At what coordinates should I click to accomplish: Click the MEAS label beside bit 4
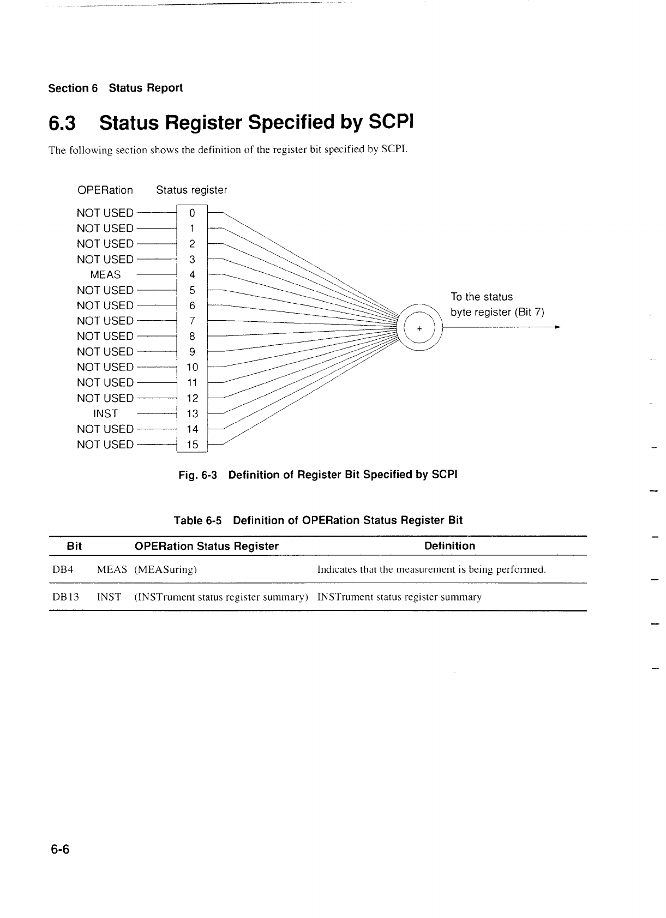point(105,275)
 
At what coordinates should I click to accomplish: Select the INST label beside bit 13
point(105,414)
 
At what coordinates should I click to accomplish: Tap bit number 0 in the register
point(192,213)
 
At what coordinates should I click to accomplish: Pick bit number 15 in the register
point(193,445)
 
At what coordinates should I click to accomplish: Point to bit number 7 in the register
point(192,321)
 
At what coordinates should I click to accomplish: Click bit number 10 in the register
point(193,368)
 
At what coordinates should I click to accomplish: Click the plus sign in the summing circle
point(419,329)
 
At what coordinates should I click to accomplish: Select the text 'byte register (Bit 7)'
point(497,313)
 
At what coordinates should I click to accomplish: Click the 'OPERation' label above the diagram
point(105,190)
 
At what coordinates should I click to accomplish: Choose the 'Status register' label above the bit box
point(191,190)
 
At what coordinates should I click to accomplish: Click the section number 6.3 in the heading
point(62,124)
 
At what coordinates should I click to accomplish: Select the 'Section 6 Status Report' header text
point(115,88)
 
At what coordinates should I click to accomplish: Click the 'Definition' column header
point(449,546)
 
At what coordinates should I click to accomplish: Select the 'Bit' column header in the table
point(74,546)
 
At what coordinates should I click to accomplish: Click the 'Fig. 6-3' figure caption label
point(198,475)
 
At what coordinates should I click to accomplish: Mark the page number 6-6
point(61,850)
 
